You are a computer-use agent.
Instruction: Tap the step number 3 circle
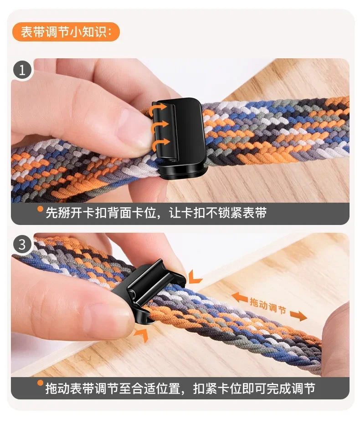22,245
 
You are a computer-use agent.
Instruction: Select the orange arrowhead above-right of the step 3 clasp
195,276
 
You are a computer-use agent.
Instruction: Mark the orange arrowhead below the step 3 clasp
141,335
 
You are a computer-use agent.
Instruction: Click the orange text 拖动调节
268,305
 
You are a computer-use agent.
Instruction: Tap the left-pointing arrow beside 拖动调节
239,297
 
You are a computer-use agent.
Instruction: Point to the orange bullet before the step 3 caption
40,383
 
